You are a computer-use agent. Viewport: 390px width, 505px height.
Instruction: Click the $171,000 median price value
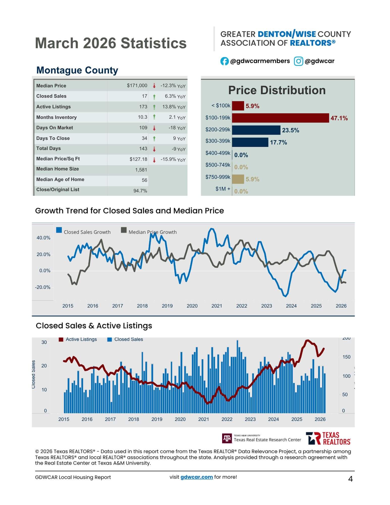pos(137,86)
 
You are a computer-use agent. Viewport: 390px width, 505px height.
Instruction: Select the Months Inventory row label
pos(56,117)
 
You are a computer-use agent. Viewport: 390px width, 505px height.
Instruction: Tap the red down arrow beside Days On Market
pos(154,128)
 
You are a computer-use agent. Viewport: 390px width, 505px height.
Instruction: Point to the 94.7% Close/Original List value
pos(140,191)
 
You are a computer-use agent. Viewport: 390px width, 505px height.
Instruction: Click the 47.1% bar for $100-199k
pos(280,118)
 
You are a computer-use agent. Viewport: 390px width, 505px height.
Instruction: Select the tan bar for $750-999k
pos(238,179)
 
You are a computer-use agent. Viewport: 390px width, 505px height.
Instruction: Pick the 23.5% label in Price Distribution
pos(291,130)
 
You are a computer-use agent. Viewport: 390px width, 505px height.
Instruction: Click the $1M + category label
pos(223,189)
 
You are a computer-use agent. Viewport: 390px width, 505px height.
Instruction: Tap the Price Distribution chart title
pos(277,90)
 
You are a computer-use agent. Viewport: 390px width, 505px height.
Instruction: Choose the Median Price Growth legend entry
pos(149,232)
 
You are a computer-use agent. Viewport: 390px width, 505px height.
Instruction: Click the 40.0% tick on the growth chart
pos(43,238)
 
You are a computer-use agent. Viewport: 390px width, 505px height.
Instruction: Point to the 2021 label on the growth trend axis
pos(217,306)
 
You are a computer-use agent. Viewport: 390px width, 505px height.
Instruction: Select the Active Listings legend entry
pos(78,339)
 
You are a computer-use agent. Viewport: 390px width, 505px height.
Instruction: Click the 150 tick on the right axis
pos(346,357)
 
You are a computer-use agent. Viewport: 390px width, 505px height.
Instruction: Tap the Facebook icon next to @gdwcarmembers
pos(224,61)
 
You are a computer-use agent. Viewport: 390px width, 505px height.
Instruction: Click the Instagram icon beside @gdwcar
pos(298,61)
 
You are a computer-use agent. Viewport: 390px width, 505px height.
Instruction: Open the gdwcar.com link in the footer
pos(196,477)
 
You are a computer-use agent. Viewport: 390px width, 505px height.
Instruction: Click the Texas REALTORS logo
pos(328,438)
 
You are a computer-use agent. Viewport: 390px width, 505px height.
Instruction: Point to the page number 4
pos(350,479)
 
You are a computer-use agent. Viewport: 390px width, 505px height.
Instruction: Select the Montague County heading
pos(77,70)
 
